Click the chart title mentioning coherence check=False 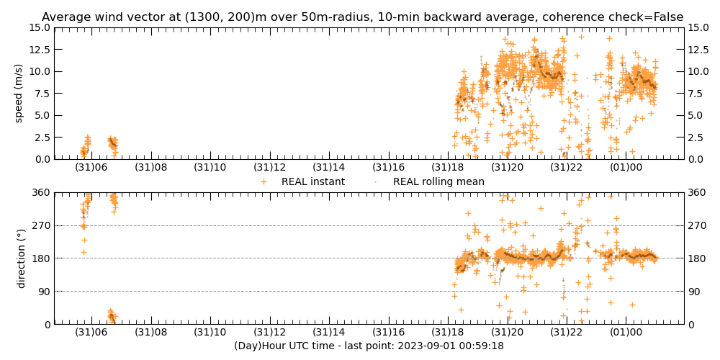pos(362,17)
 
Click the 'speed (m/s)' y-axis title pos(19,93)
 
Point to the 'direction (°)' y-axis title pos(22,258)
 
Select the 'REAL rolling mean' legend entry pos(438,182)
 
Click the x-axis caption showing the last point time pos(369,346)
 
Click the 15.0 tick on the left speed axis pos(39,27)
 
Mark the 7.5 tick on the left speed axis pos(42,94)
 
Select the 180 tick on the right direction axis pos(699,258)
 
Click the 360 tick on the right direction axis pos(699,192)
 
